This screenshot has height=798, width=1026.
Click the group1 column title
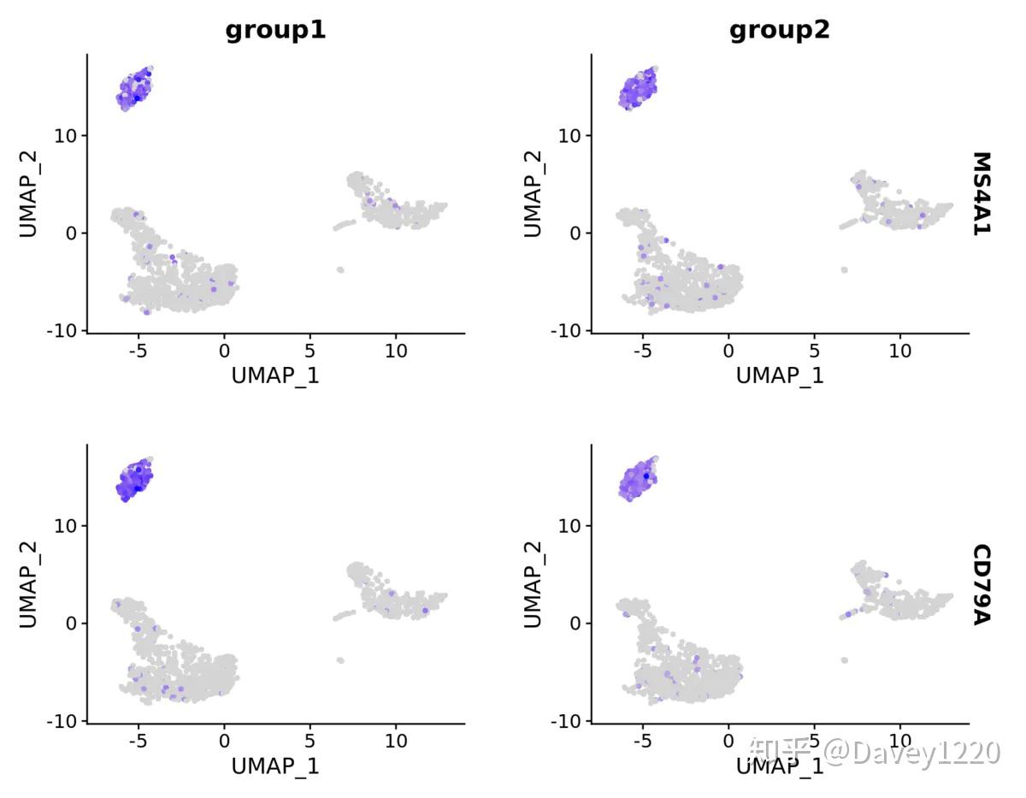(275, 31)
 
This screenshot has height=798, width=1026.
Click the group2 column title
(779, 31)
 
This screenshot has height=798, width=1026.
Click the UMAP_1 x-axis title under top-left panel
(275, 375)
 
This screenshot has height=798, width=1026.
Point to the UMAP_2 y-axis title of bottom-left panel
(28, 584)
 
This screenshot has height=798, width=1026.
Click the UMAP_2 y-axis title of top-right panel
(533, 193)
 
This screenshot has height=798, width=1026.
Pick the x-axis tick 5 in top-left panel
(310, 351)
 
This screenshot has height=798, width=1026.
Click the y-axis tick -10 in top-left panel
(64, 330)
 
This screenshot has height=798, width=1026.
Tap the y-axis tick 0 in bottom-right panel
(574, 624)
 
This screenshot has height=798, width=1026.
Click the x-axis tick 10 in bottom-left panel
(395, 742)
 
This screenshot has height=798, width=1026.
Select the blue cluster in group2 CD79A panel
(638, 479)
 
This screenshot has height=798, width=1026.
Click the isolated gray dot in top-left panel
(340, 269)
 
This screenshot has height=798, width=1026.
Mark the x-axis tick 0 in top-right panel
(728, 351)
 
